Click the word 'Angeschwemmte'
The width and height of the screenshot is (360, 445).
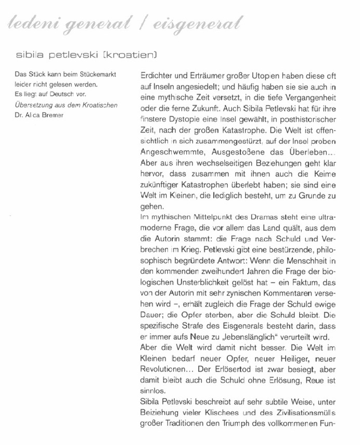click(173, 152)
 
